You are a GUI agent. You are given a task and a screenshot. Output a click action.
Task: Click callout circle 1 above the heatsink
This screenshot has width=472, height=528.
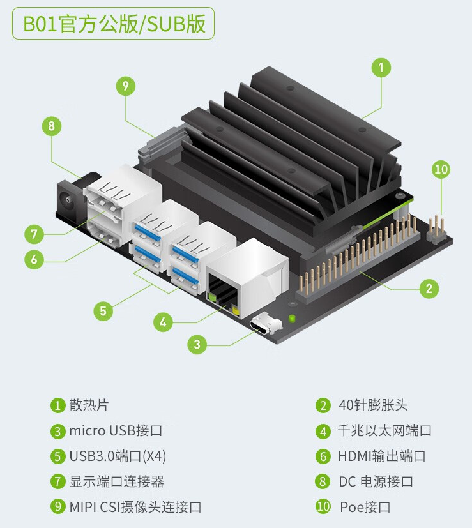tap(381, 68)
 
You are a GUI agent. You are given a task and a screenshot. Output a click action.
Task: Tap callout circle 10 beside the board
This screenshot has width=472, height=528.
tap(441, 169)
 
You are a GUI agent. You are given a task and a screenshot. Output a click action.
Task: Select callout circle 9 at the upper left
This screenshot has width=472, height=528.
tap(126, 86)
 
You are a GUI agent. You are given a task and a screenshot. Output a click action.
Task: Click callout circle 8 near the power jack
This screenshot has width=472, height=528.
tap(52, 126)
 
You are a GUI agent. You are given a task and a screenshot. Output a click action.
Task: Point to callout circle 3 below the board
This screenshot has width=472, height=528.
tap(197, 344)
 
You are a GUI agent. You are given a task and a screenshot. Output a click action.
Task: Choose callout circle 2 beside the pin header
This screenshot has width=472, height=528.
tap(429, 289)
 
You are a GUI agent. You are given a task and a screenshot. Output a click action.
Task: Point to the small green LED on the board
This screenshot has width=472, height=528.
tap(292, 318)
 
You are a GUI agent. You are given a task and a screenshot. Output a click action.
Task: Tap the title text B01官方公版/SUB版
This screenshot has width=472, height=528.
tap(114, 24)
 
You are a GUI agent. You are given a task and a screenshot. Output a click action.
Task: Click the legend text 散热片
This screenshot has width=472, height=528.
tap(89, 405)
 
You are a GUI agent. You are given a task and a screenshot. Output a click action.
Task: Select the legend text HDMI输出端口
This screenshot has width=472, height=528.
tap(382, 456)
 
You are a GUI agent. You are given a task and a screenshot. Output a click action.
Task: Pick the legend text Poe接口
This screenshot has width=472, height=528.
tap(365, 507)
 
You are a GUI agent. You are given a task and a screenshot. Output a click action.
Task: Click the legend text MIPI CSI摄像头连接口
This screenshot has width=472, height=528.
tap(135, 507)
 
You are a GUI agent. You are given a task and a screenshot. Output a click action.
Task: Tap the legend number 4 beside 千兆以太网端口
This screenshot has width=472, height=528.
tap(323, 432)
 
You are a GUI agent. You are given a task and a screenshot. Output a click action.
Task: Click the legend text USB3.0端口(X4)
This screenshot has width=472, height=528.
tap(118, 456)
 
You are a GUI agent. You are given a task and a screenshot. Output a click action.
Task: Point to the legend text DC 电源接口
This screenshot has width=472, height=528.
tap(376, 481)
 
